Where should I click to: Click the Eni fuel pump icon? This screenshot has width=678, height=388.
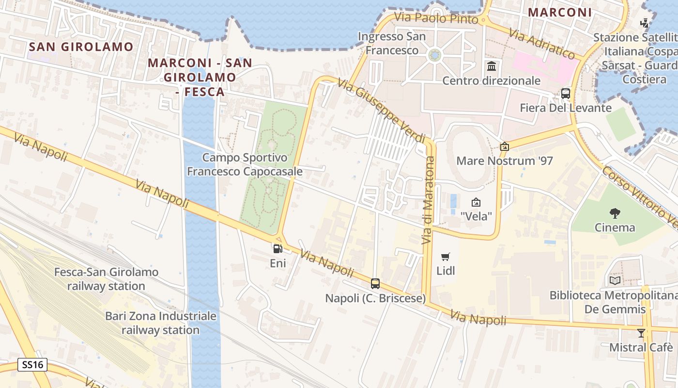(x=278, y=249)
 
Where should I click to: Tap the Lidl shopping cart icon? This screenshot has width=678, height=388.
(x=446, y=257)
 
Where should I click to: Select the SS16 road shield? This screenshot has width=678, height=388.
(x=32, y=365)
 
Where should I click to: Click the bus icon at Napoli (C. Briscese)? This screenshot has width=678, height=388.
(x=375, y=284)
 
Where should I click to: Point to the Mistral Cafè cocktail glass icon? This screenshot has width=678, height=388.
(x=641, y=333)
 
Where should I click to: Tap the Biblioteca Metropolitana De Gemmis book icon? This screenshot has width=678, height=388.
(x=615, y=280)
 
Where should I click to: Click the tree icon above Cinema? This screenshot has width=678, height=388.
(x=615, y=213)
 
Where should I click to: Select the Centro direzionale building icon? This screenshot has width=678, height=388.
(x=492, y=66)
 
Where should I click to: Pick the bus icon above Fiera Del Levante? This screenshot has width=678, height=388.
(x=566, y=93)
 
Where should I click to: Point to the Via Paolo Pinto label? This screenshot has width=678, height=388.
(x=436, y=18)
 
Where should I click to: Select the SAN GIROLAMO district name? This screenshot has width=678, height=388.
(x=81, y=47)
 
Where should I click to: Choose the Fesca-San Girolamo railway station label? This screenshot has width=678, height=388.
(x=106, y=279)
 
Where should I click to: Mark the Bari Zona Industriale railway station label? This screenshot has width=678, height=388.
(x=161, y=323)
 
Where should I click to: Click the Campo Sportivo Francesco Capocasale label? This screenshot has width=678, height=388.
(x=245, y=164)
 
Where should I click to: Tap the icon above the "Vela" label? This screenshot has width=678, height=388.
(x=476, y=202)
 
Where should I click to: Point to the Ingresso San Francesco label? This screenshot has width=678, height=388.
(x=392, y=43)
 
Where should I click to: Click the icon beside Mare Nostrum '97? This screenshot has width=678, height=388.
(x=505, y=146)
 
